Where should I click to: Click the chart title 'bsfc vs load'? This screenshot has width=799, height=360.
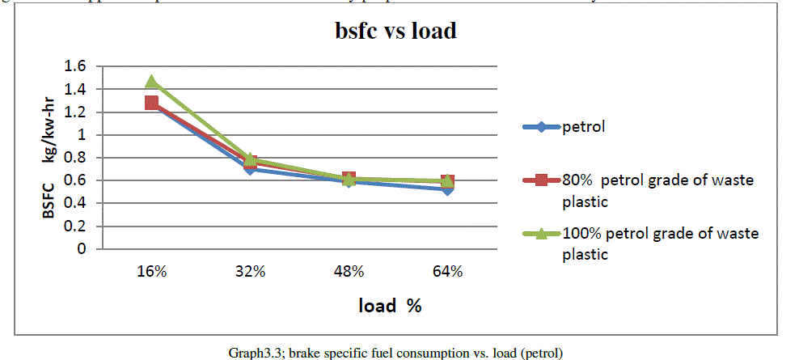pyautogui.click(x=396, y=32)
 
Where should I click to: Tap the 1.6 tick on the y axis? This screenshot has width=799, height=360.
pyautogui.click(x=75, y=66)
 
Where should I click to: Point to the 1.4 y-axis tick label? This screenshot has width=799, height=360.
pyautogui.click(x=75, y=89)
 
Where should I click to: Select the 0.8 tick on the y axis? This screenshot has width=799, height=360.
pyautogui.click(x=75, y=158)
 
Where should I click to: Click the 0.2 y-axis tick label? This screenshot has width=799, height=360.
pyautogui.click(x=75, y=226)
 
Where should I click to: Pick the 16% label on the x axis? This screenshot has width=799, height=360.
pyautogui.click(x=151, y=272)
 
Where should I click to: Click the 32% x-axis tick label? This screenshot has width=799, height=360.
pyautogui.click(x=251, y=272)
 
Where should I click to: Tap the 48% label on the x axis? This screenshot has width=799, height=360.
pyautogui.click(x=349, y=272)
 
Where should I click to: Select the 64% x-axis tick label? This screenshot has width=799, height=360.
pyautogui.click(x=447, y=272)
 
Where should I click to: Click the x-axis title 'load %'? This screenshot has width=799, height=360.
pyautogui.click(x=391, y=307)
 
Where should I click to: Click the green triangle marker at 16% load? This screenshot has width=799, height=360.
pyautogui.click(x=151, y=82)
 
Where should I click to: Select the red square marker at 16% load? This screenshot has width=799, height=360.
pyautogui.click(x=151, y=103)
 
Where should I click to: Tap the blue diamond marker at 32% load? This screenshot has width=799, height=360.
pyautogui.click(x=250, y=168)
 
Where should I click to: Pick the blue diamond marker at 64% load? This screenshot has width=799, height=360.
pyautogui.click(x=447, y=188)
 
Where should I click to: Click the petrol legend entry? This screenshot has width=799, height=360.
pyautogui.click(x=584, y=126)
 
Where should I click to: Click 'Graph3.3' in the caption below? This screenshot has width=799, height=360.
pyautogui.click(x=251, y=353)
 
